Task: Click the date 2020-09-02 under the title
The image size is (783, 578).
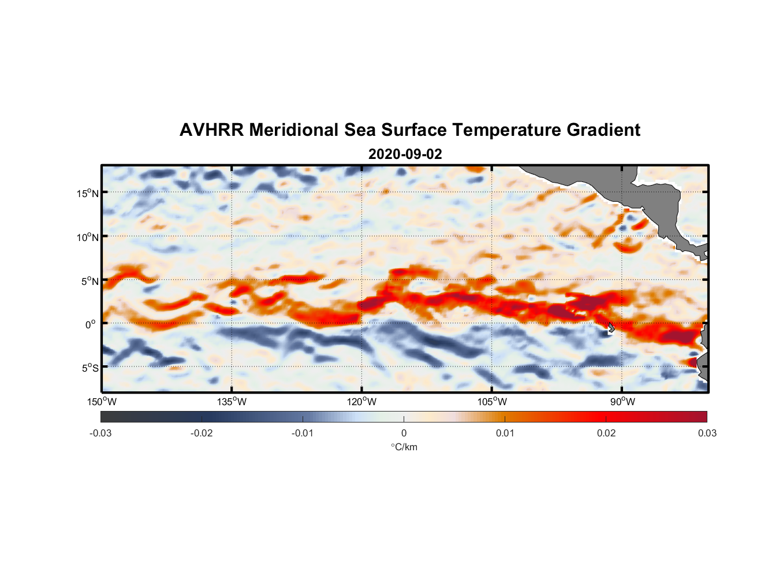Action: coord(405,154)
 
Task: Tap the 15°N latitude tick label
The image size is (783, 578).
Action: coord(88,193)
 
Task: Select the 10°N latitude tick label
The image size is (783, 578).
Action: coord(88,237)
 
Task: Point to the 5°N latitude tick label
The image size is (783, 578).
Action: coord(90,281)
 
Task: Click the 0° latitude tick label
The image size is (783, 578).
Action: coord(91,324)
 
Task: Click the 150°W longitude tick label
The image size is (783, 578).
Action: coord(102,402)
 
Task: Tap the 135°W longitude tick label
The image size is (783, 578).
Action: coord(232,402)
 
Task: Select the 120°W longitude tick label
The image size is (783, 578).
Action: coord(362,402)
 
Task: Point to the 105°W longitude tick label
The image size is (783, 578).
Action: coord(492,402)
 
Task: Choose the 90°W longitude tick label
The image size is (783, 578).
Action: coord(622,402)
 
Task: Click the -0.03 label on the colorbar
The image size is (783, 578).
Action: coord(100,433)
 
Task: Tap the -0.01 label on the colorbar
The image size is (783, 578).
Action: coord(303,433)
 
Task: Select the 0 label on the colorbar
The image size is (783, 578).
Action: coord(404,433)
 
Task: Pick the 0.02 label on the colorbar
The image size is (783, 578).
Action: coord(606,433)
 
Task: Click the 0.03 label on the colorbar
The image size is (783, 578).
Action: coord(707,433)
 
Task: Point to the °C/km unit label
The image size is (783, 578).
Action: coord(404,447)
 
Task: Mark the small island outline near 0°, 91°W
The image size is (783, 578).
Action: coord(610,328)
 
